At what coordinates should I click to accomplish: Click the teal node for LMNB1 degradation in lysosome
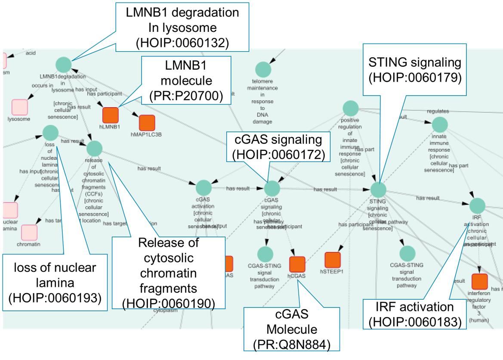click(63, 64)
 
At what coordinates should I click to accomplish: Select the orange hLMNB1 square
click(110, 115)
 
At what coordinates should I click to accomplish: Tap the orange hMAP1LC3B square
click(147, 123)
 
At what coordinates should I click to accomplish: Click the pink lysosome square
click(19, 107)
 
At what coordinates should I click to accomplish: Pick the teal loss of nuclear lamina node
click(50, 133)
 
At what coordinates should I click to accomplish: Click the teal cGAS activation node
click(204, 188)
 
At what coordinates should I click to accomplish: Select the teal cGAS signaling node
click(272, 188)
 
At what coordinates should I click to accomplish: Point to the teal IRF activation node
click(477, 205)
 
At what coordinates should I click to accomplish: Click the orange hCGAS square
click(297, 264)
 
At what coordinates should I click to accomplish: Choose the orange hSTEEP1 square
click(332, 260)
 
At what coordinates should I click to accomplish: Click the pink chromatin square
click(29, 232)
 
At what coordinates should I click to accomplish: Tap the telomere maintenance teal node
click(263, 69)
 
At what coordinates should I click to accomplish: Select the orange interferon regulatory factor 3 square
click(479, 281)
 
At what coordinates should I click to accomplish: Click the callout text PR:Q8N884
click(291, 344)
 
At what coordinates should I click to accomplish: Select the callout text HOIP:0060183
click(415, 321)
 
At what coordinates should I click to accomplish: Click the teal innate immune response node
click(440, 124)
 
